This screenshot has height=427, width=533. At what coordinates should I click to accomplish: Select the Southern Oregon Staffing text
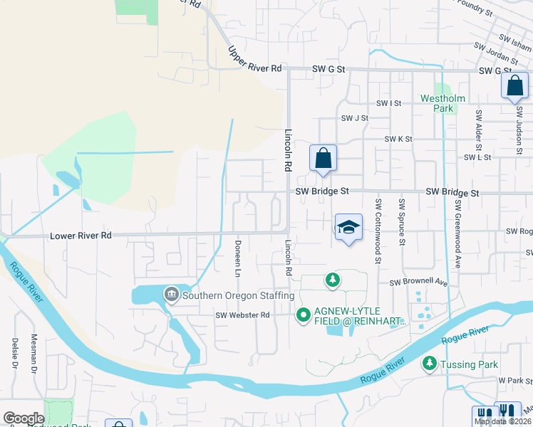pyautogui.click(x=238, y=295)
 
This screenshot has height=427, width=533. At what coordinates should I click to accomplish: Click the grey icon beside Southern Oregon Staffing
pyautogui.click(x=171, y=294)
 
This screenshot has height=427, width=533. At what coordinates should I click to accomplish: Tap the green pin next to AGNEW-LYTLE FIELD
pyautogui.click(x=303, y=313)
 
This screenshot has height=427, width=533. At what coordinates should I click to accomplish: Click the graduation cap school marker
pyautogui.click(x=348, y=228)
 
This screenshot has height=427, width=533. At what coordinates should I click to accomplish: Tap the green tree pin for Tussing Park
pyautogui.click(x=429, y=364)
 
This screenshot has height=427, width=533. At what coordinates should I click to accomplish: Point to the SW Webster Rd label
pyautogui.click(x=244, y=315)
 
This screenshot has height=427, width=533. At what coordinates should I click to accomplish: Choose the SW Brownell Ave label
pyautogui.click(x=418, y=283)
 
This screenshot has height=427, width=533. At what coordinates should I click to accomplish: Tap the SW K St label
pyautogui.click(x=398, y=139)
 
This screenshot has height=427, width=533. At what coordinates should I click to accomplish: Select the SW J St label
pyautogui.click(x=355, y=118)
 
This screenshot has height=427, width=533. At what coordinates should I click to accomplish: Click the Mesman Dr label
pyautogui.click(x=33, y=354)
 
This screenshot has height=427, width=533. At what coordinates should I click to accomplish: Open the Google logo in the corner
pyautogui.click(x=24, y=418)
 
